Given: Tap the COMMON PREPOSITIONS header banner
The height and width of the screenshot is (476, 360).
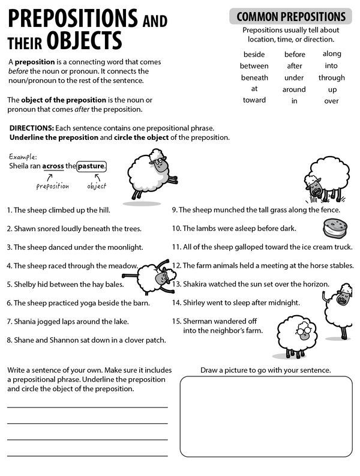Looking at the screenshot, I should [291, 16].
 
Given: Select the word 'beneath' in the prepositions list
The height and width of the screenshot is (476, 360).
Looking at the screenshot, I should [254, 77].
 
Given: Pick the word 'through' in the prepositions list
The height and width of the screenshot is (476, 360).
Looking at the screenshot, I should [331, 77].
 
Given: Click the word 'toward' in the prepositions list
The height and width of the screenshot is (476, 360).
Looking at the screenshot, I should [254, 100].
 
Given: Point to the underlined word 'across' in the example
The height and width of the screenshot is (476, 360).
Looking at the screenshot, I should [53, 166].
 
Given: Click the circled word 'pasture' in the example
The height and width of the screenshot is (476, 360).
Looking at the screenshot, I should [92, 166].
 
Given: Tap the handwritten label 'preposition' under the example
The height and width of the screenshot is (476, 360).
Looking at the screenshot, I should [52, 186].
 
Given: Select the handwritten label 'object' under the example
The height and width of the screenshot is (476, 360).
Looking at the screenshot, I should [96, 186].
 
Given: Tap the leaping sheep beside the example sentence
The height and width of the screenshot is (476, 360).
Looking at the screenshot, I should [149, 175].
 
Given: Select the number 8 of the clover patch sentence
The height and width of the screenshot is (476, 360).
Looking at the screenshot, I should [9, 340].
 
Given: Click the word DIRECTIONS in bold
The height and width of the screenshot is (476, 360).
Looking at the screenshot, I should [31, 128].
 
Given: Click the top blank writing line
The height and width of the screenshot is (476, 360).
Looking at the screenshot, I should [87, 407].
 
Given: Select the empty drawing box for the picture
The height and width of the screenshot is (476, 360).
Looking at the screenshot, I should [266, 417].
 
